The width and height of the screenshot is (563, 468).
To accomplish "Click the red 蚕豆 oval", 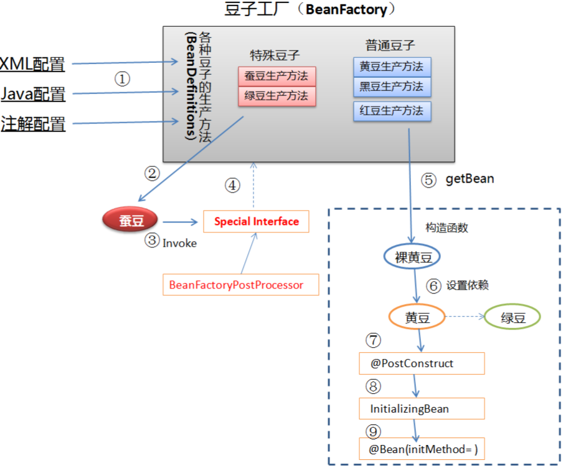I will click(131, 221).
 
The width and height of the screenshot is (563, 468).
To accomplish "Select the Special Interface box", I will click(256, 221).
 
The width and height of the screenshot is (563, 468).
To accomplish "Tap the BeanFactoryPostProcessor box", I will click(240, 285).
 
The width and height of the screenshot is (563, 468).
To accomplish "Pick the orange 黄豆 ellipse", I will click(417, 317).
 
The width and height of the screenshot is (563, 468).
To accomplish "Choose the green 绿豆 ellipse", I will click(513, 317).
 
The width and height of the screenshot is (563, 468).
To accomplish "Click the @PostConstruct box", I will click(422, 363).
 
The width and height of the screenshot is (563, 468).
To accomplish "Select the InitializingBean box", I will click(422, 409).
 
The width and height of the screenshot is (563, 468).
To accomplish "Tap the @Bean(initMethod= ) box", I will click(422, 449).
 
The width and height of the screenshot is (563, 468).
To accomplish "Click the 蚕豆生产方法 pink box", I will click(277, 77).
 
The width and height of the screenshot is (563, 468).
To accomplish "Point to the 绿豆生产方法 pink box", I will click(277, 97).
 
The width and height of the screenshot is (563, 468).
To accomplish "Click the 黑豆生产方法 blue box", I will click(392, 87).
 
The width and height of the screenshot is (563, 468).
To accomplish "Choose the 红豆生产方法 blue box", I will click(392, 111).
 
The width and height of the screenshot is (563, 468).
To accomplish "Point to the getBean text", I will click(470, 179).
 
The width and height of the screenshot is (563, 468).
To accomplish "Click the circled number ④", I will click(232, 184).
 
